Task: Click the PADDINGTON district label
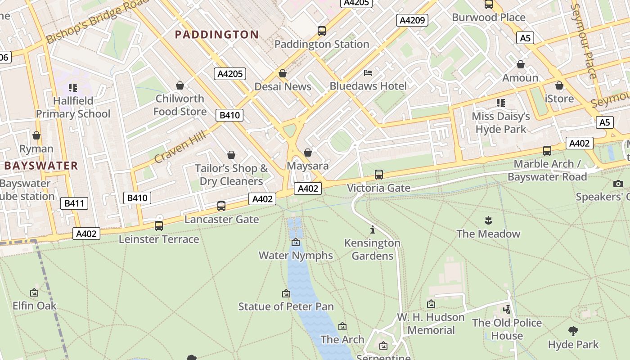click(216, 35)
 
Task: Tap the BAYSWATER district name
click(41, 166)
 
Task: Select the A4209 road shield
click(412, 20)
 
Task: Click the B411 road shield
click(74, 203)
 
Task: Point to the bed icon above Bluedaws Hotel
click(368, 73)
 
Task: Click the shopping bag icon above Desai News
click(283, 73)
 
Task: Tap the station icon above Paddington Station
click(321, 31)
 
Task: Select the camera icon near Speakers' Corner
click(618, 184)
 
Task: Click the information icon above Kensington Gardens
click(372, 230)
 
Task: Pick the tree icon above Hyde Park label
click(573, 331)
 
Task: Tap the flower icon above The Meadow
click(488, 220)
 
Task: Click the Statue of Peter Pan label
click(286, 307)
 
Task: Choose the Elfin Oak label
click(34, 306)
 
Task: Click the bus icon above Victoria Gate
click(378, 175)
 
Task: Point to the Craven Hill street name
click(180, 147)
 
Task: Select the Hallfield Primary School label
click(73, 107)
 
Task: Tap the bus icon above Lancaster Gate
click(221, 206)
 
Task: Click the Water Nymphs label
click(295, 256)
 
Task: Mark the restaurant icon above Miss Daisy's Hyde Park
click(500, 103)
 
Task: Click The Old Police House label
click(507, 329)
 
